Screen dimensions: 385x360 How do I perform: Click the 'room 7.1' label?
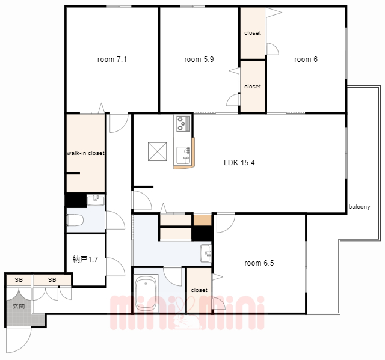pyautogui.click(x=112, y=59)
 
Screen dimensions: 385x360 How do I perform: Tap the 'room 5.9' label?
pyautogui.click(x=199, y=59)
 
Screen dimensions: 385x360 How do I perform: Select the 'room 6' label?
pyautogui.click(x=306, y=59)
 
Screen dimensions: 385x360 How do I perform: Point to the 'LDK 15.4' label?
pyautogui.click(x=239, y=163)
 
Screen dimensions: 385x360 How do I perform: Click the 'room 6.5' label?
pyautogui.click(x=259, y=263)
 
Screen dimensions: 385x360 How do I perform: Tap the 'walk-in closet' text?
pyautogui.click(x=85, y=153)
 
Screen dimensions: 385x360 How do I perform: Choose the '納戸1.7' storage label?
pyautogui.click(x=85, y=259)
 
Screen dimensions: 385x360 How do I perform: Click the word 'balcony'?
pyautogui.click(x=359, y=207)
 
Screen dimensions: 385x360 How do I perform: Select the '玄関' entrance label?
pyautogui.click(x=19, y=306)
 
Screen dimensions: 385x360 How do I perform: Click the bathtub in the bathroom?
pyautogui.click(x=146, y=294)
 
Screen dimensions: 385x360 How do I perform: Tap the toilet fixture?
pyautogui.click(x=75, y=220)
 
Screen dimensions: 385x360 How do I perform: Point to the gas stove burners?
pyautogui.click(x=183, y=123)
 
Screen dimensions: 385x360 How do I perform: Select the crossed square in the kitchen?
pyautogui.click(x=158, y=152)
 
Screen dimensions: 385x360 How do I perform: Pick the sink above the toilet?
pyautogui.click(x=96, y=200)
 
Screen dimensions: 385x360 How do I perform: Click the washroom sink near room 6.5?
pyautogui.click(x=206, y=254)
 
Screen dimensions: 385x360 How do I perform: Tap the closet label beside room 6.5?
pyautogui.click(x=199, y=290)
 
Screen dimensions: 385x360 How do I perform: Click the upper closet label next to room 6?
pyautogui.click(x=253, y=33)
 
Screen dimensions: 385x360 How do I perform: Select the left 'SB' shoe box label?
pyautogui.click(x=19, y=280)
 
